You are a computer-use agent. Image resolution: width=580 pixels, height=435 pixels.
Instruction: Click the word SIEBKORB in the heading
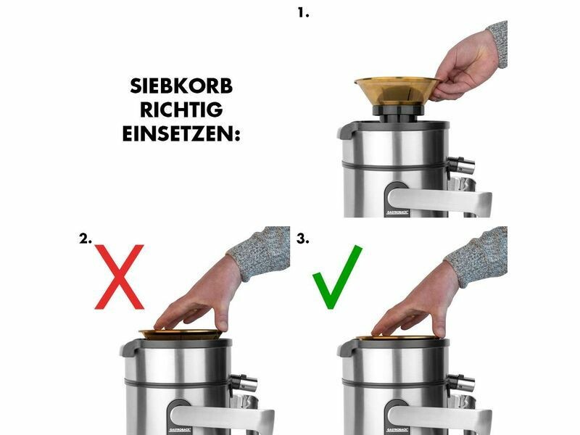coord(181,86)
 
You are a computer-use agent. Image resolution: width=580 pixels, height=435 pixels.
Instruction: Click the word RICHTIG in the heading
coord(181,109)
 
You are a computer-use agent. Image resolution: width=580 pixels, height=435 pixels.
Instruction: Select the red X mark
coord(119,277)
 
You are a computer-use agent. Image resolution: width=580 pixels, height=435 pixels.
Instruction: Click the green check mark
coord(336,277)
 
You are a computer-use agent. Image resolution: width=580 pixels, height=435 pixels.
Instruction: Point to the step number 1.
coord(303,13)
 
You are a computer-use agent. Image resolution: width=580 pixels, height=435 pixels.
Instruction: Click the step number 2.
coord(86,239)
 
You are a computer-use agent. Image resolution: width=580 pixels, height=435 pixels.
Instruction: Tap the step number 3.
coord(302,239)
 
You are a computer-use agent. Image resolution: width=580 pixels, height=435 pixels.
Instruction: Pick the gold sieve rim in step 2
coord(181,334)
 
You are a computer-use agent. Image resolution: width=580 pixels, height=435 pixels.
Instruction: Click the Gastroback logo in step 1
coord(397,212)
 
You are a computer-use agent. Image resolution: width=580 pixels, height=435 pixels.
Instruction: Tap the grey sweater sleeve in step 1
coord(498,43)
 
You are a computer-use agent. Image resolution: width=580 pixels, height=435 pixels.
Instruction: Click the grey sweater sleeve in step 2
coord(262,252)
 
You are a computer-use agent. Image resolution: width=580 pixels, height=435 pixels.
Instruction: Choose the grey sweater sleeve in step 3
coord(478,255)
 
